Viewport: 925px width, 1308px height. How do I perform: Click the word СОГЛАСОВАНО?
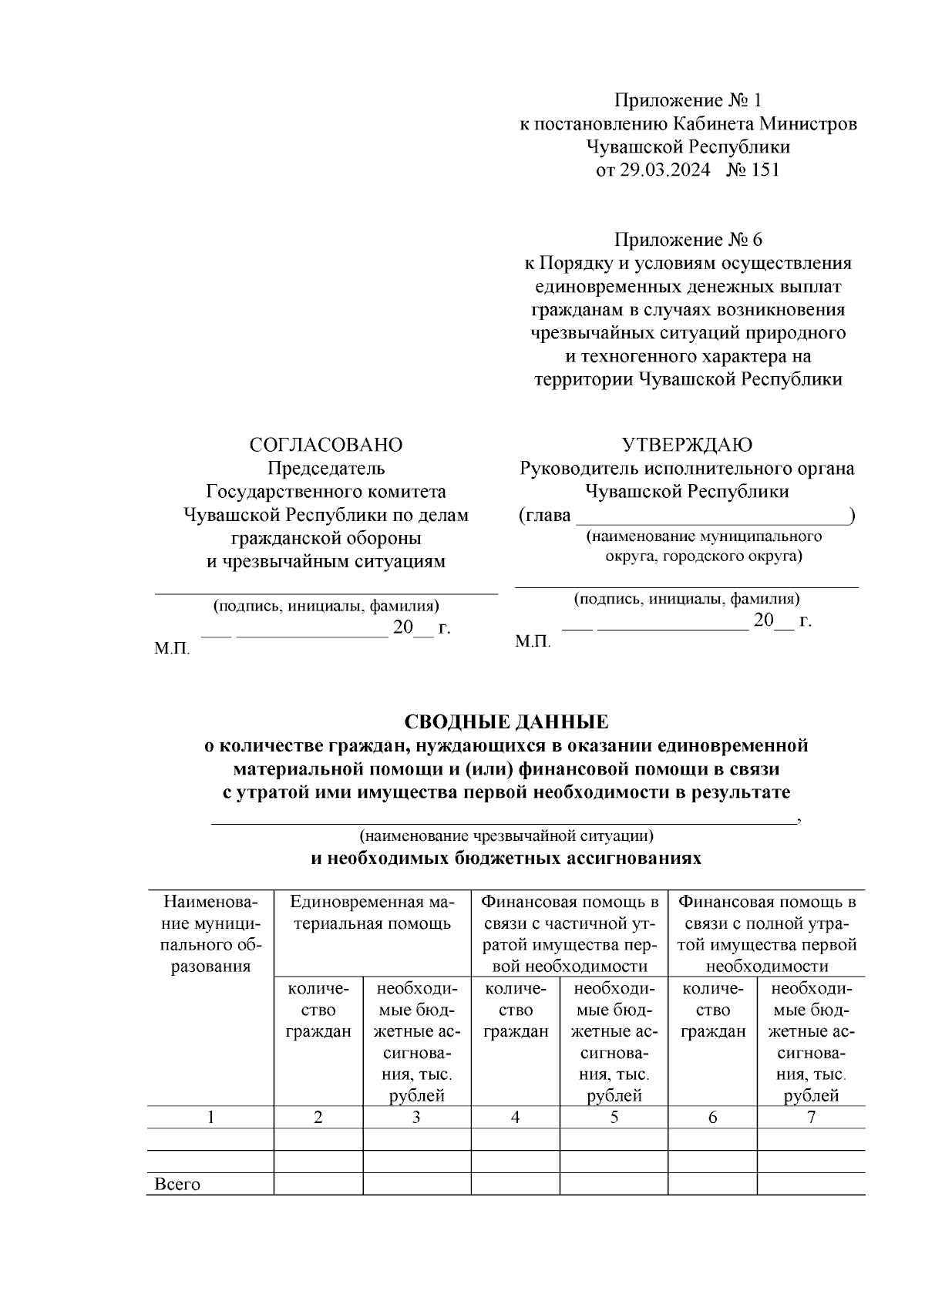(325, 446)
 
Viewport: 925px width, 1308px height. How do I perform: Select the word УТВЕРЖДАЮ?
(687, 446)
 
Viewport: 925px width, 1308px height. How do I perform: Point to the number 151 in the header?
(764, 170)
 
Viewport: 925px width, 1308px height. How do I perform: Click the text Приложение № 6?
(688, 240)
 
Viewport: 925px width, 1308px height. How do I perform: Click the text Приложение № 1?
(688, 101)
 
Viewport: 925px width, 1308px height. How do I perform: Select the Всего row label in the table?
(177, 1185)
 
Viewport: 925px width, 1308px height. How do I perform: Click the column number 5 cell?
(614, 1118)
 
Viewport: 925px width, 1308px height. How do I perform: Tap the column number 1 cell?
(210, 1118)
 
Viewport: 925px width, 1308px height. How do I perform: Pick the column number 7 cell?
(811, 1118)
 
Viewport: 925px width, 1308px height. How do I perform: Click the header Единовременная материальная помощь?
(372, 913)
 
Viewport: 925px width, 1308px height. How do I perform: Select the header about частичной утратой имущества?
(570, 933)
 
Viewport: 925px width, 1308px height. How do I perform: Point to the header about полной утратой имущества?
(767, 933)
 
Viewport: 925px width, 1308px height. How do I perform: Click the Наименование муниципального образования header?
(210, 933)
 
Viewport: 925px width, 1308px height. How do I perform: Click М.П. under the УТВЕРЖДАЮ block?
(533, 642)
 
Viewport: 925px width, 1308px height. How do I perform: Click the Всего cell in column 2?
(318, 1185)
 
